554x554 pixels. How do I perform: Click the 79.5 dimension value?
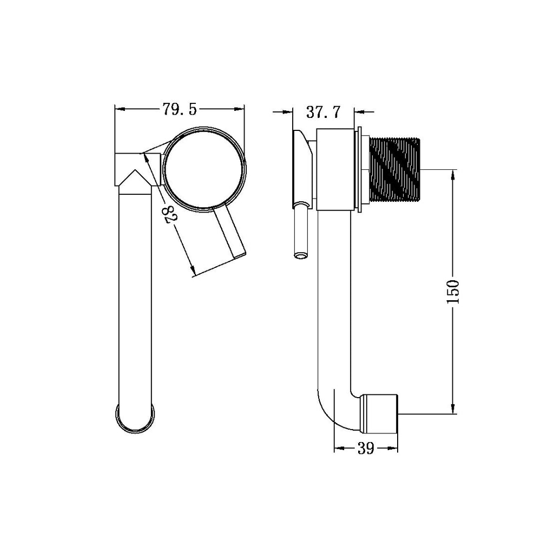tap(180, 110)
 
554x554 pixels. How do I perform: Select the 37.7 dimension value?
tap(323, 112)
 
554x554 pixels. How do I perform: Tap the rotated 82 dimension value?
tap(169, 215)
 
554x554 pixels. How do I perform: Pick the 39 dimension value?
tap(366, 449)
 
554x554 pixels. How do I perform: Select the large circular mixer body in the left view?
tap(203, 168)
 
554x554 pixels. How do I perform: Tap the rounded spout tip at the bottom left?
tap(135, 418)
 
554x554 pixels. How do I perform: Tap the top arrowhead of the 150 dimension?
tap(453, 174)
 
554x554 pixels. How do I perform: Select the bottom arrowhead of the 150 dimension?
tap(453, 410)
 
